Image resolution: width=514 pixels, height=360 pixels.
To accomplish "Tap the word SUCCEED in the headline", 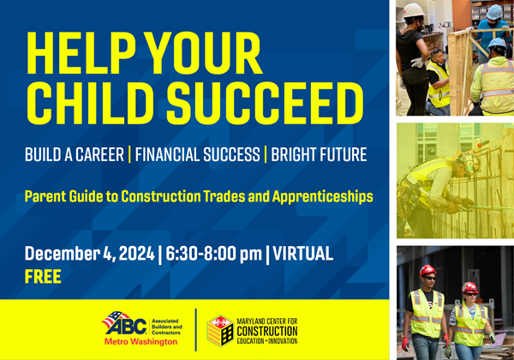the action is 265,103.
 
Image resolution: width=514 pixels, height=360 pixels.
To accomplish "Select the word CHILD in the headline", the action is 91,103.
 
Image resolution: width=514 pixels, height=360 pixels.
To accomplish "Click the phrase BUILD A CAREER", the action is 75,155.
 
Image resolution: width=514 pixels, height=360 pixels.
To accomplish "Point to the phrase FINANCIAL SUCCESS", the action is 197,155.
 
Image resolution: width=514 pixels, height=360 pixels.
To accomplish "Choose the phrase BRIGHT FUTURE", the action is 319,155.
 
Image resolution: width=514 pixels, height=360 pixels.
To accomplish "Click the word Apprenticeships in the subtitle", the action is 323,197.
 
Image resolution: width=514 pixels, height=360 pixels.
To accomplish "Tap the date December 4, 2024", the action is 89,254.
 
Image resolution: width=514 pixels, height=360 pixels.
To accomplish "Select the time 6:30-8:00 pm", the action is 213,254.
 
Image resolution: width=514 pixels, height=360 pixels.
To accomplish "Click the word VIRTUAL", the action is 303,254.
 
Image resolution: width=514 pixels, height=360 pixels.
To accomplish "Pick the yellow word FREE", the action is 43,276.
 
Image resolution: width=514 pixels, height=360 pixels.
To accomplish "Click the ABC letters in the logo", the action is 127,327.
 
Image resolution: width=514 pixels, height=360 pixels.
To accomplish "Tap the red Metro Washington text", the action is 140,342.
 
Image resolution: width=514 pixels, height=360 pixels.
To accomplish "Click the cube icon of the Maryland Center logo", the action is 220,331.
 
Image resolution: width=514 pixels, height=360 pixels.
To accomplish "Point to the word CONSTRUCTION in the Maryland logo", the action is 267,331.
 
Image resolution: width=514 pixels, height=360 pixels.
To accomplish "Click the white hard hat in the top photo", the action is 414,10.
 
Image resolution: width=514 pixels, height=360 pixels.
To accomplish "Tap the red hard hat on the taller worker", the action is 427,271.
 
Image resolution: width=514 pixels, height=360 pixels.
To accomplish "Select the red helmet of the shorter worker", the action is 469,287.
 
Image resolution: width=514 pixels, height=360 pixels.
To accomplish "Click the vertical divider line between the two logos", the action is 195,329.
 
